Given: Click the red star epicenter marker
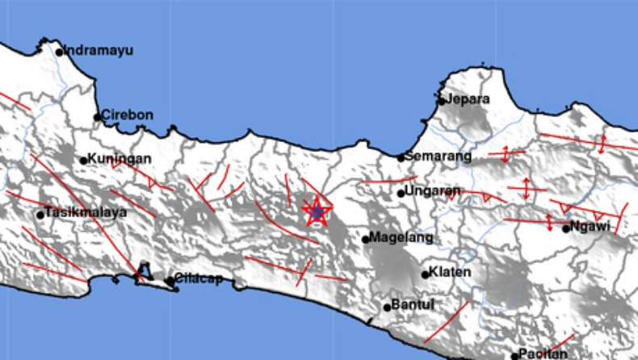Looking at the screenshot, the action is click(317, 211).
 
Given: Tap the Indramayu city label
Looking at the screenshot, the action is click(99, 50).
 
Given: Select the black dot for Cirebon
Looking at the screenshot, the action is click(98, 117).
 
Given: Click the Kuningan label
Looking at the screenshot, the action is click(120, 158).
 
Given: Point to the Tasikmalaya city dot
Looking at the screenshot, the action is click(40, 215).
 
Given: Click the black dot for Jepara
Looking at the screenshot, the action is click(441, 101).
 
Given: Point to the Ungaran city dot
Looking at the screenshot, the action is click(401, 193).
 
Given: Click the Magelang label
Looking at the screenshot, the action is click(402, 238).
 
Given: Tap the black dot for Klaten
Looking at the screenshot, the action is click(426, 274).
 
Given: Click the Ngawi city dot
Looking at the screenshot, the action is click(567, 228).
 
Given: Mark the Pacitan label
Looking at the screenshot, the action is click(544, 354).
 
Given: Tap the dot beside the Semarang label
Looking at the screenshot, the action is click(401, 158).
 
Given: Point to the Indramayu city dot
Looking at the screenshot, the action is click(59, 52).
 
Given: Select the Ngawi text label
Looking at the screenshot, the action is click(589, 227).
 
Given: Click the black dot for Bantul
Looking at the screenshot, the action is click(388, 307).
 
